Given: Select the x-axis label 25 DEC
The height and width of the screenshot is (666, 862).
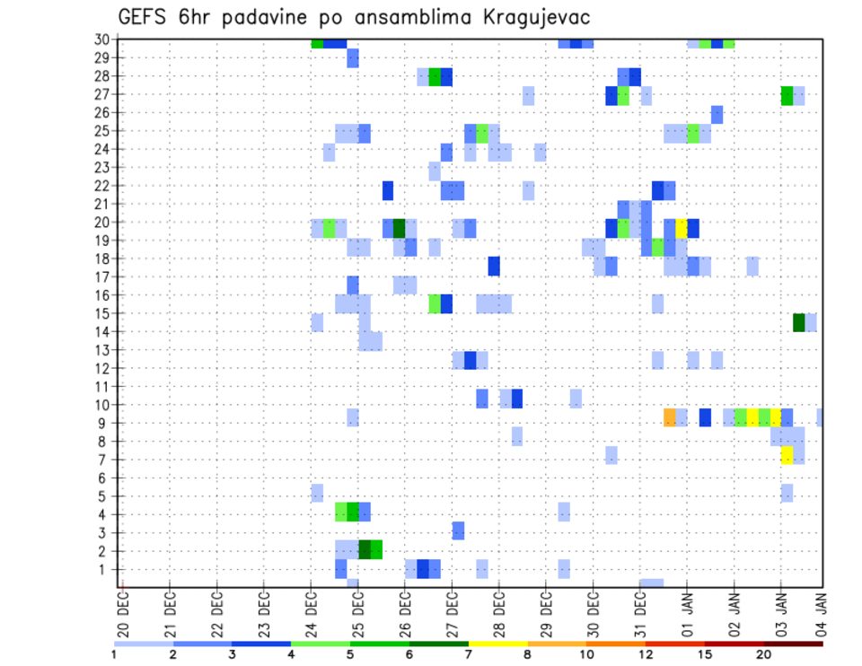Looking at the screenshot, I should [x=357, y=616].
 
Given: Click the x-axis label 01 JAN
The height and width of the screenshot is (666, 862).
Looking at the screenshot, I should [x=688, y=616].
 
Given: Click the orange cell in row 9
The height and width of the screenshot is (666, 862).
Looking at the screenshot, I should [x=670, y=417].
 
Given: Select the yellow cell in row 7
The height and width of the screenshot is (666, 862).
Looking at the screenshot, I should [x=787, y=455].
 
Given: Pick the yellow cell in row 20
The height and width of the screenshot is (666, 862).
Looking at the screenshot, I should [x=682, y=228].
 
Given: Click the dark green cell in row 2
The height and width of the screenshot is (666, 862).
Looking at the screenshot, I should [x=365, y=549].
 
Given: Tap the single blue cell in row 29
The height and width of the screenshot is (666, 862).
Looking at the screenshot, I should [x=353, y=58].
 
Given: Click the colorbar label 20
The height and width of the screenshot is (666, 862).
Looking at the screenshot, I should [x=763, y=653].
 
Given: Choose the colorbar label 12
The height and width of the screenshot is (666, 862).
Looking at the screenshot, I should [x=646, y=653].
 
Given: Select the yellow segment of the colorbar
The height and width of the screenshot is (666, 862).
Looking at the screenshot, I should [x=497, y=643].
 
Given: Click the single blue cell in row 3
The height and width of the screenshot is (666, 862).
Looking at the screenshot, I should [x=458, y=530].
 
